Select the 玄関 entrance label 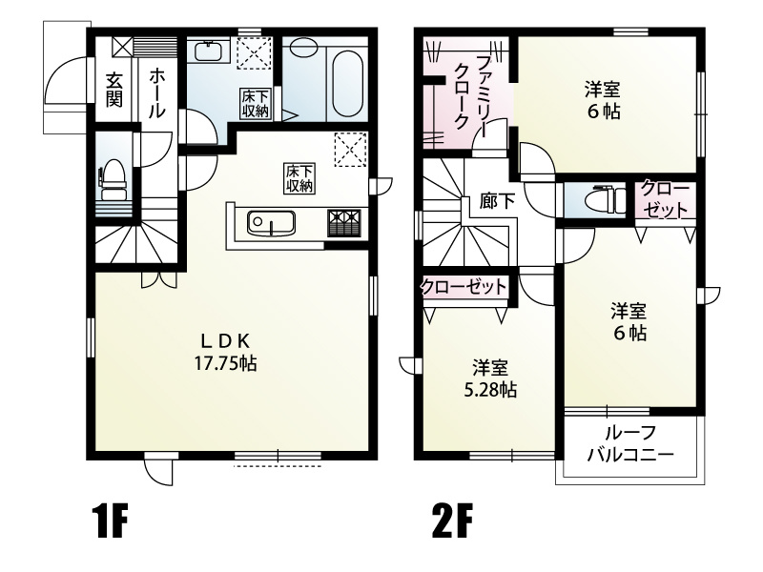pos(113,88)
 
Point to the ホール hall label pos(157,91)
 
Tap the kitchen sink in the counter pos(272,224)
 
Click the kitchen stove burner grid pos(342,223)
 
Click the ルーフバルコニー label pos(630,443)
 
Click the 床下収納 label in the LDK pos(299,178)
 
